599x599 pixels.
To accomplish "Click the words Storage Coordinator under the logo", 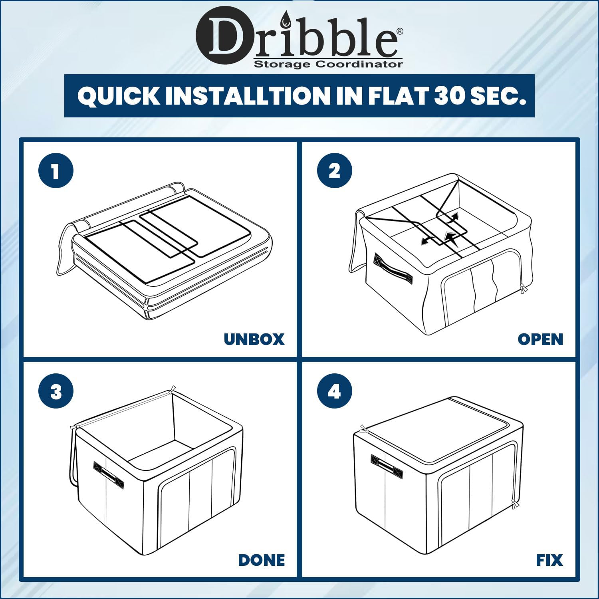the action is [x=328, y=64].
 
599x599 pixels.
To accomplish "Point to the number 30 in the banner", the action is [x=450, y=96].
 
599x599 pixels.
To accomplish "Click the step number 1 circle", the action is [x=56, y=171].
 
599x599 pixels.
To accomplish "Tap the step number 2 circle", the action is [x=335, y=171].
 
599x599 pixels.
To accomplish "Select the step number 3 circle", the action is [x=56, y=391].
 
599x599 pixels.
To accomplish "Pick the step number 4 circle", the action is [x=335, y=391].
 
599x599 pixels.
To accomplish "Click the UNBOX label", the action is [x=254, y=339].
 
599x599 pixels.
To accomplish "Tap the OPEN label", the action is [x=540, y=339].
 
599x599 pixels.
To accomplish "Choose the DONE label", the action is [x=262, y=560].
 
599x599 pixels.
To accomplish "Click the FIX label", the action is [x=549, y=560].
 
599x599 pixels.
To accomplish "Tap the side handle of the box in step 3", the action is [x=109, y=475].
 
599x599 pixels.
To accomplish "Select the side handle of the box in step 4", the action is [x=387, y=466].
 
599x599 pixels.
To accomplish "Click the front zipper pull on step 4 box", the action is [x=515, y=504].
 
